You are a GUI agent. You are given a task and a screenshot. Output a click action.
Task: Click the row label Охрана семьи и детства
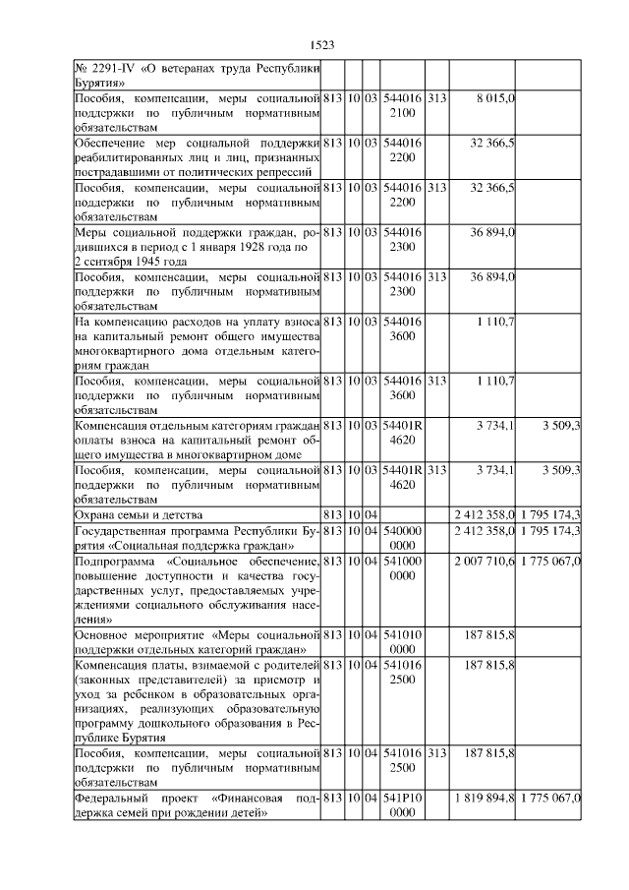pos(139,514)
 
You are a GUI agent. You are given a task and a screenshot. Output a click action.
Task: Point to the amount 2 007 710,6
pos(485,560)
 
